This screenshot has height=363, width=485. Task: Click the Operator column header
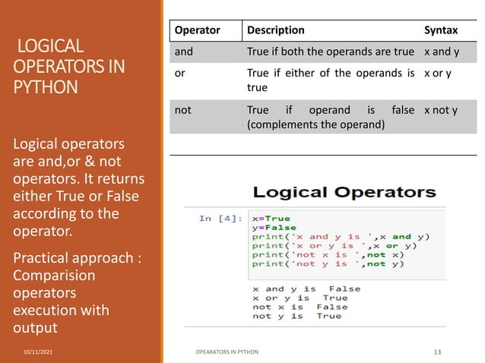(197, 30)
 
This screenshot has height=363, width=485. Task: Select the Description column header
(274, 30)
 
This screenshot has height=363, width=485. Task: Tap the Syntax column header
(441, 30)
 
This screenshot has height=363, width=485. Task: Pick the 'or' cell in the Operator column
(179, 73)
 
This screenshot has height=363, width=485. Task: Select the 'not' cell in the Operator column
(183, 110)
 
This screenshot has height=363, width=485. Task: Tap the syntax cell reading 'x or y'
(438, 73)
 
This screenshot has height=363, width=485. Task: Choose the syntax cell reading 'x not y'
(441, 110)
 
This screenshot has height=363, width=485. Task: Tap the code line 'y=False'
(274, 228)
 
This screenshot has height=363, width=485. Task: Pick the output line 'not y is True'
(296, 316)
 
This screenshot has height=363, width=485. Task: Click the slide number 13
(437, 352)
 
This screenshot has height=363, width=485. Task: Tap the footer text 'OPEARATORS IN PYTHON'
(227, 352)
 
